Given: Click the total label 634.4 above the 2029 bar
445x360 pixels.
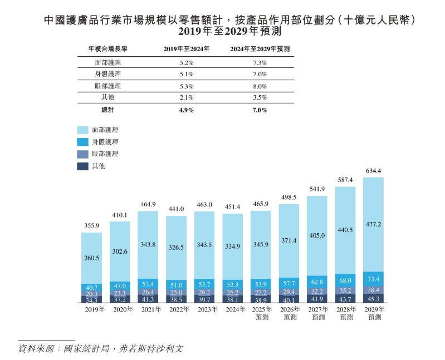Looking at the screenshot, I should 373,171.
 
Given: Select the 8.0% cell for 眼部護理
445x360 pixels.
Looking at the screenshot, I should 260,86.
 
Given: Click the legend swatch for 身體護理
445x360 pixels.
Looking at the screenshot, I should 82,142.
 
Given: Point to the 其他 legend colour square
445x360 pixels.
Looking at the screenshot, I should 82,166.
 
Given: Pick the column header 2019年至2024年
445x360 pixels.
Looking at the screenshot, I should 186,49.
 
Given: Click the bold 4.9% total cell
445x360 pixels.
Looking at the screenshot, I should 186,110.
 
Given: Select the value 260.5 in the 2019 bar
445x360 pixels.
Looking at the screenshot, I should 91,258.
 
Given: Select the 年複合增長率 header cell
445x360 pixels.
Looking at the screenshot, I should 104,49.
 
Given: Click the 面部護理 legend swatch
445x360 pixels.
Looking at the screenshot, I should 82,130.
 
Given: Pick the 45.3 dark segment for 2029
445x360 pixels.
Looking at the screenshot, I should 373,299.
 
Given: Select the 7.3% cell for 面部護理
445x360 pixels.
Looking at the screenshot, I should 260,62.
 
